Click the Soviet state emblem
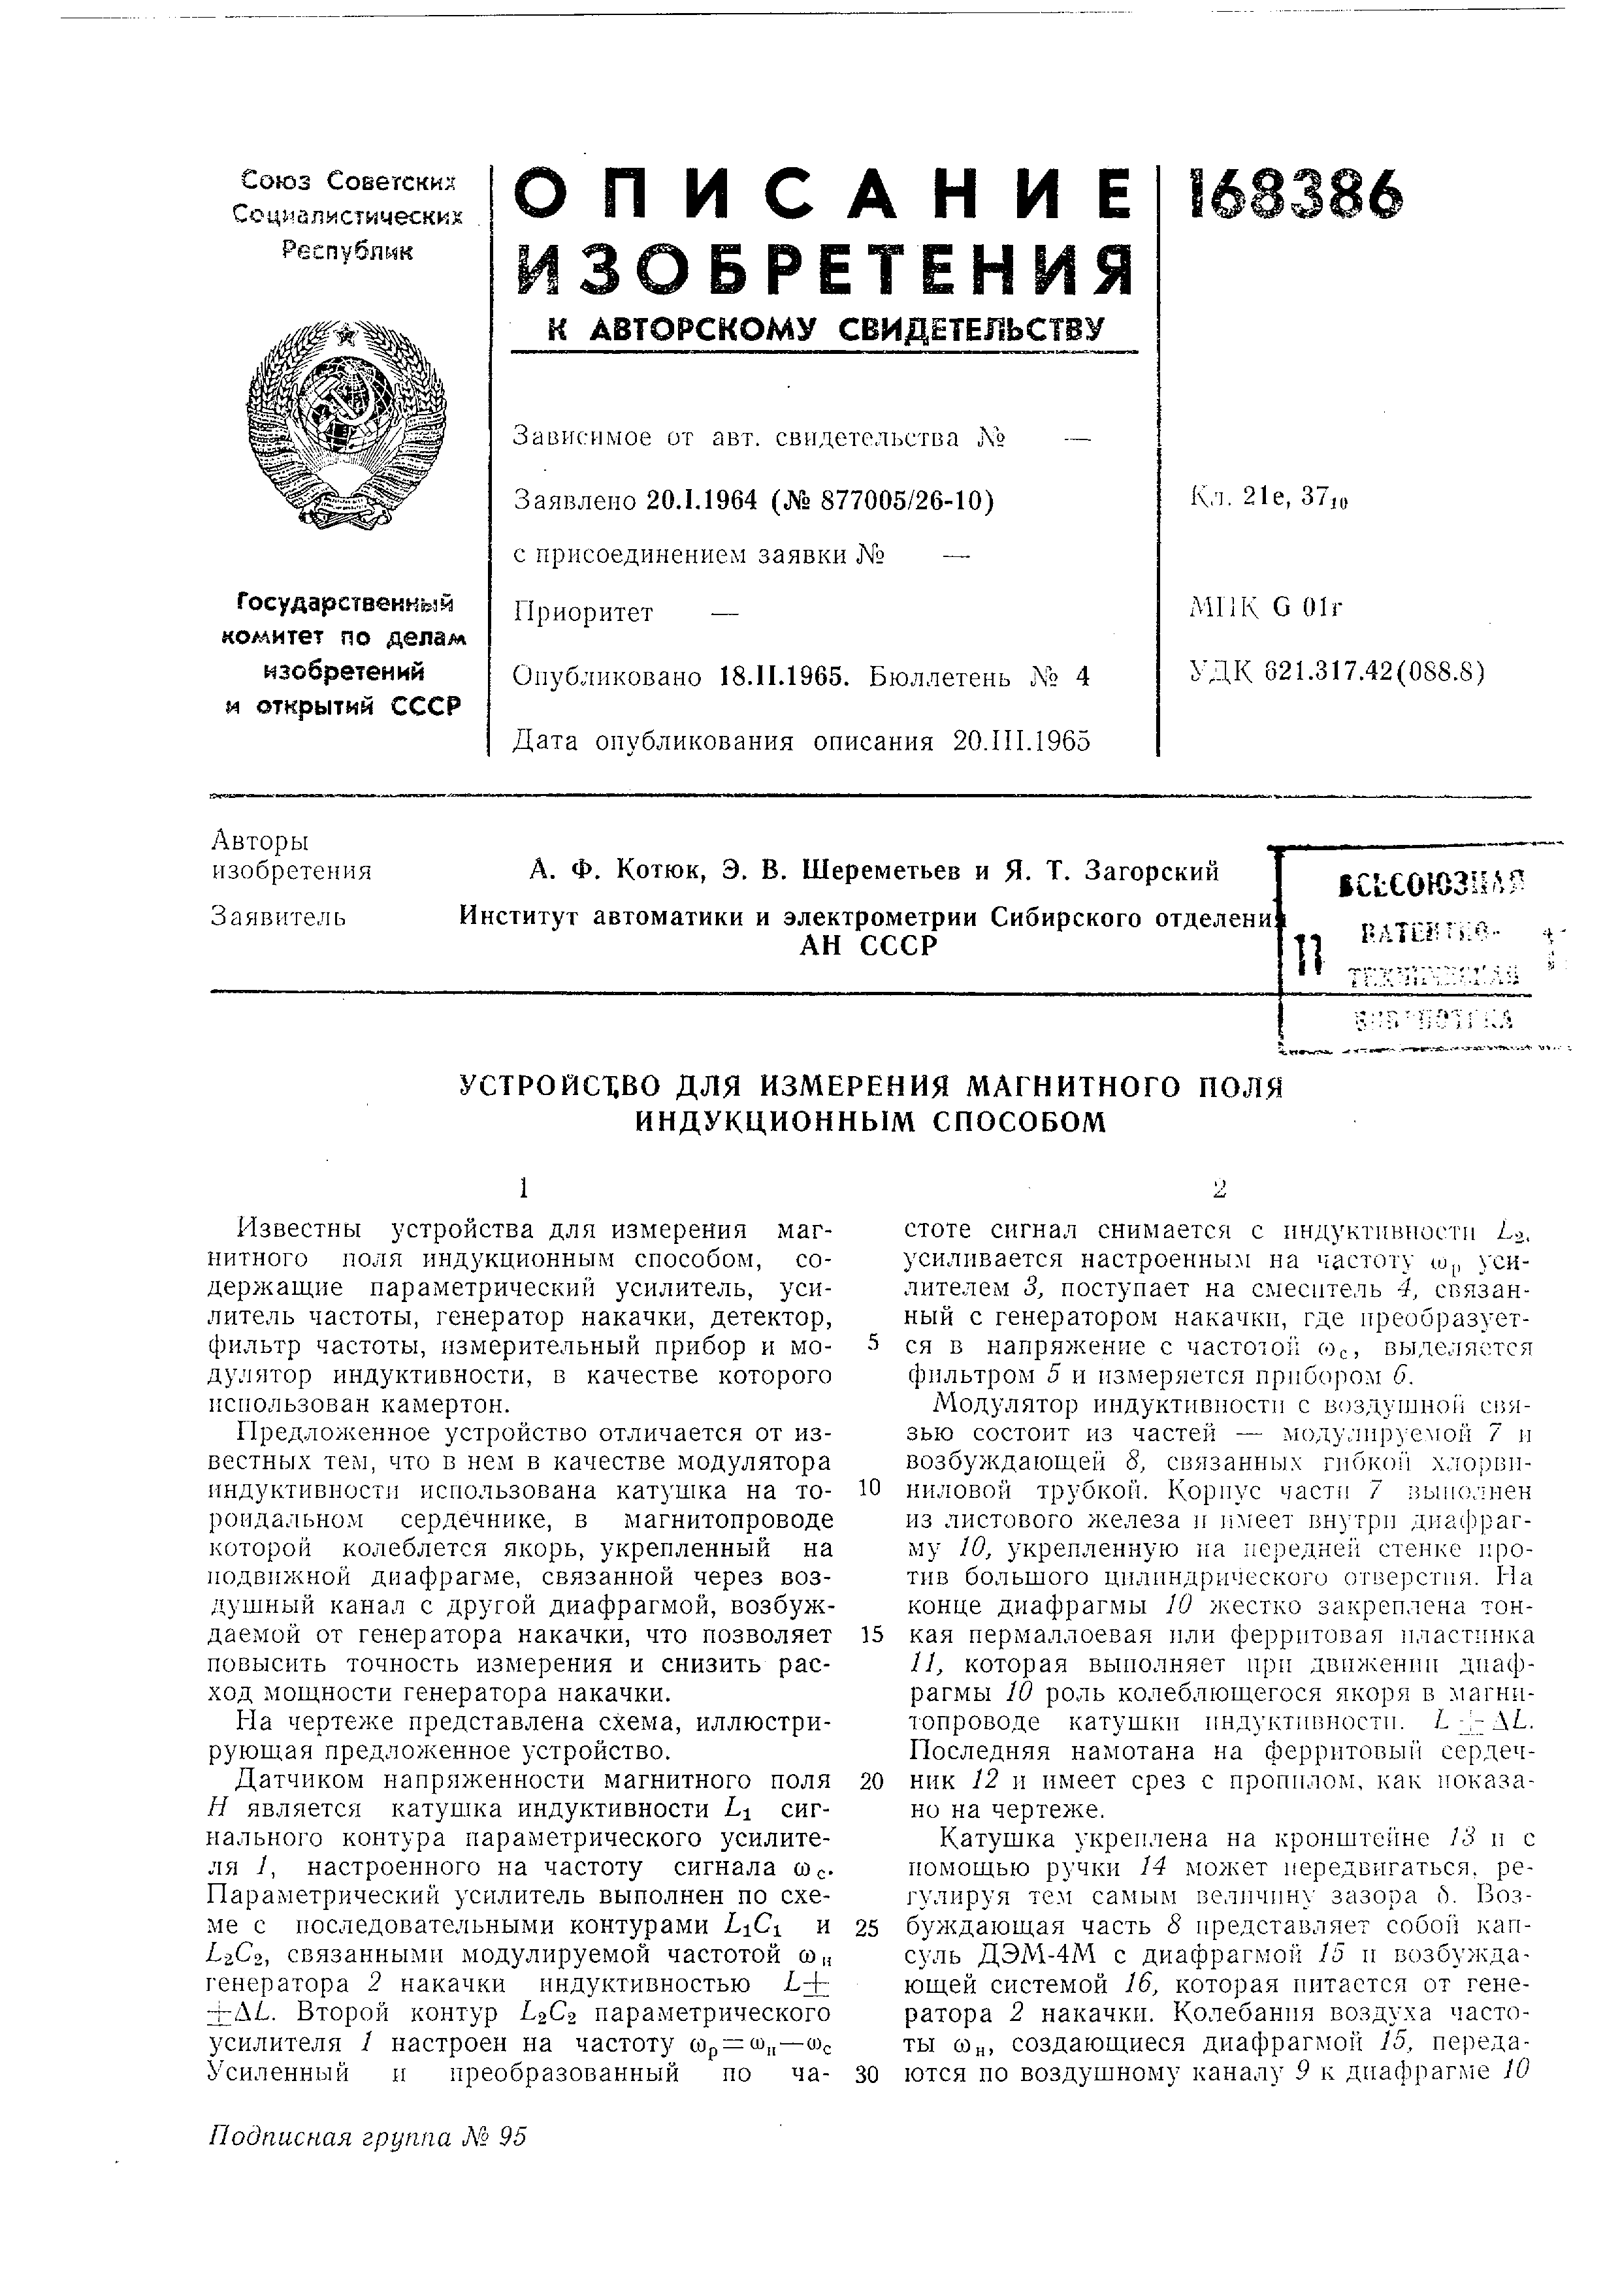[346, 423]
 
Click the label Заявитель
[280, 915]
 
